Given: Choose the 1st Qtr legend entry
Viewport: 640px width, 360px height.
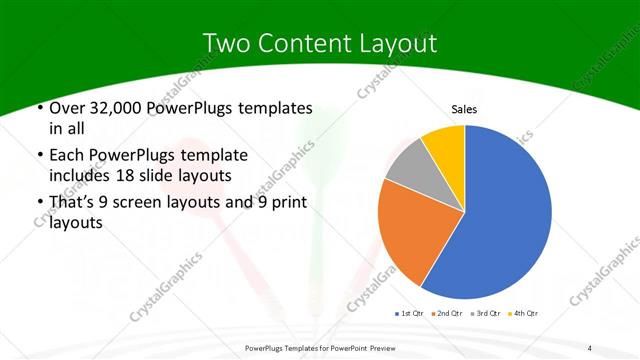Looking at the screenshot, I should [410, 315].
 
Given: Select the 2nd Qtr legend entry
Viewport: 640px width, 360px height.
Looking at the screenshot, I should [447, 315].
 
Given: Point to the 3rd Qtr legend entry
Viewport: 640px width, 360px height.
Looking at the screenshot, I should [486, 315].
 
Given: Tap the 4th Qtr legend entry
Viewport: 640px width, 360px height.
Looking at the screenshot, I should [523, 315].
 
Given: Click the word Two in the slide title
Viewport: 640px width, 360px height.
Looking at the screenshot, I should [227, 43].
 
